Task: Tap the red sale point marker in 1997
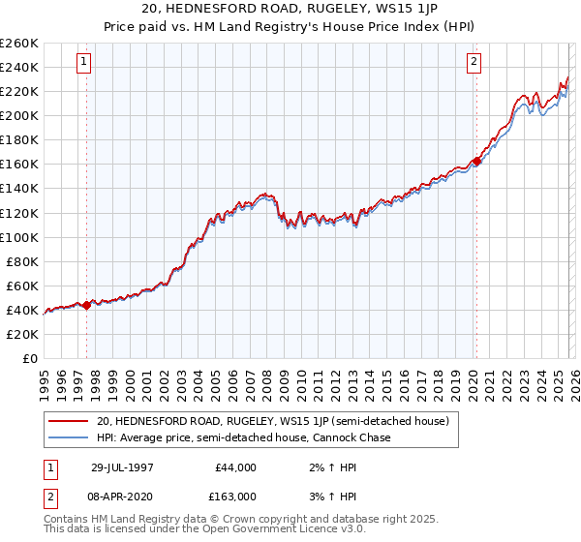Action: pyautogui.click(x=87, y=305)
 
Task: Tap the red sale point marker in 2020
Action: pyautogui.click(x=476, y=161)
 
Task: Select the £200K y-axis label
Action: pyautogui.click(x=19, y=115)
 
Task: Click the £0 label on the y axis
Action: pyautogui.click(x=28, y=358)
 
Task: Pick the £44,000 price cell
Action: pyautogui.click(x=235, y=467)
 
